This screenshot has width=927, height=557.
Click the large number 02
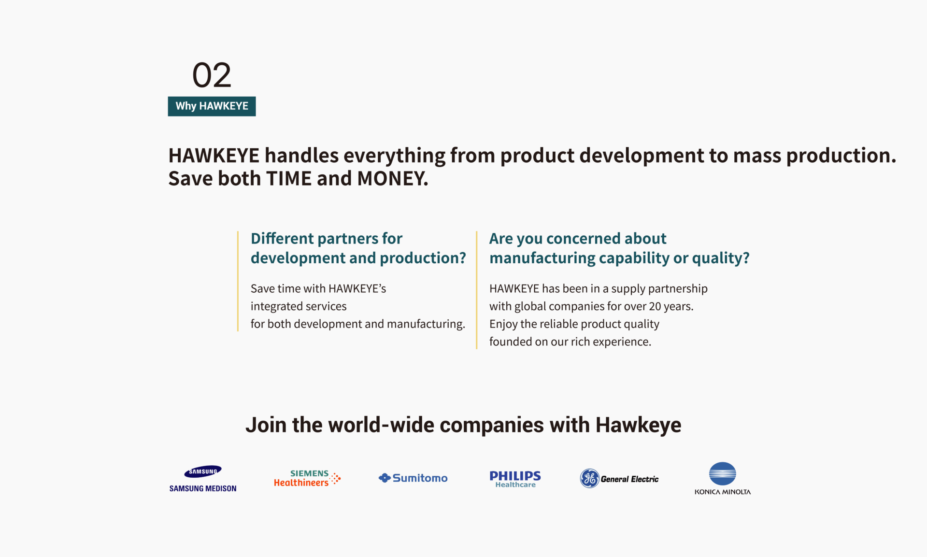click(212, 75)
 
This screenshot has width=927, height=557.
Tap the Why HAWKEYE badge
click(212, 106)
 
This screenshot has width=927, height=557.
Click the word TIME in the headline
click(289, 178)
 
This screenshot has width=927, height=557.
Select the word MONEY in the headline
click(393, 178)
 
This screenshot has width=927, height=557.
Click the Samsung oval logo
click(203, 471)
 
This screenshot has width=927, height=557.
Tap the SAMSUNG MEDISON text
click(203, 488)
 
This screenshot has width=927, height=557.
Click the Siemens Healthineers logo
click(307, 478)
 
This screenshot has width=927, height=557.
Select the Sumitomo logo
click(413, 478)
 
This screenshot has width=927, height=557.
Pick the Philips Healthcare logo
click(515, 479)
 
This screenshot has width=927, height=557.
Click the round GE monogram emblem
click(589, 478)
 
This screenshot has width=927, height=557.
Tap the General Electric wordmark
click(629, 479)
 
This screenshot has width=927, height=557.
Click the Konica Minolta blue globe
click(722, 473)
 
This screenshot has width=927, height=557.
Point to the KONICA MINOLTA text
click(723, 492)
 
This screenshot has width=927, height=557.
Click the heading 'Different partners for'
click(326, 238)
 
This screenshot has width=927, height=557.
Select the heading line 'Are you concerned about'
click(578, 238)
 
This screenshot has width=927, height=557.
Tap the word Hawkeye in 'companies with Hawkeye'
click(638, 425)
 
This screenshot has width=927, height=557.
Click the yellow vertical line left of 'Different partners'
click(238, 281)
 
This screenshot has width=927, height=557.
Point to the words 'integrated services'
click(299, 306)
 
